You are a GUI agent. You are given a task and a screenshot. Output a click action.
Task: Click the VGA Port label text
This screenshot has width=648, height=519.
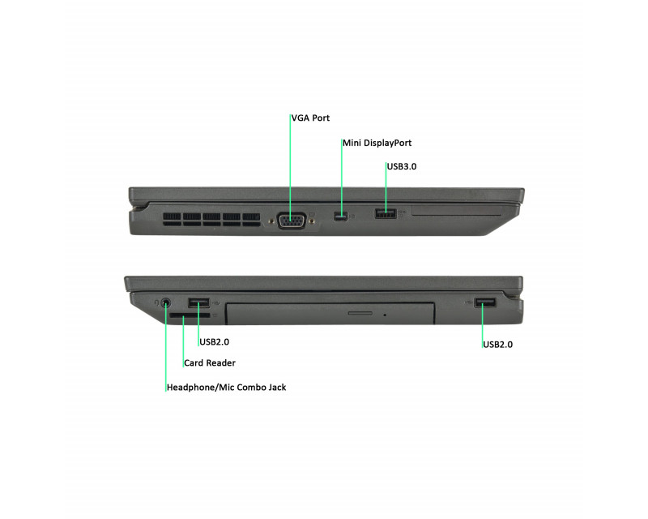pyautogui.click(x=310, y=118)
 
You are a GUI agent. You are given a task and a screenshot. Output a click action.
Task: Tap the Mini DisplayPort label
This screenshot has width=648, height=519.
pyautogui.click(x=377, y=143)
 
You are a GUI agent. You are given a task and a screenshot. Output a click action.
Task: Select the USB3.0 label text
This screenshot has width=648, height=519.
pyautogui.click(x=401, y=166)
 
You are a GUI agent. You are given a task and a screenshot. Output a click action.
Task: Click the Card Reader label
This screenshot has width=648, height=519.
pyautogui.click(x=210, y=363)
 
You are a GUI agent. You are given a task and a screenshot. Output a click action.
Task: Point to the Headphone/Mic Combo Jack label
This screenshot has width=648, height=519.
pyautogui.click(x=226, y=388)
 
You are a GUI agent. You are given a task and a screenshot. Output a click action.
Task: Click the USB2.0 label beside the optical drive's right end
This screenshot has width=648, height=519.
pyautogui.click(x=497, y=345)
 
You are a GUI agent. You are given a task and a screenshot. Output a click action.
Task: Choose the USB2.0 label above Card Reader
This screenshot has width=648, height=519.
pyautogui.click(x=214, y=342)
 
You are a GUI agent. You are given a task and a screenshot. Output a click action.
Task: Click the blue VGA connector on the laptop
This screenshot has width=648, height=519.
pyautogui.click(x=292, y=221)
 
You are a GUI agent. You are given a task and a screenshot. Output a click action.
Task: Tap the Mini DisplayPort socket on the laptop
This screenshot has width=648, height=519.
pyautogui.click(x=340, y=216)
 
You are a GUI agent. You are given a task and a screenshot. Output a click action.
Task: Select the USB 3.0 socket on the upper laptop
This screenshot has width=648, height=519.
pyautogui.click(x=386, y=213)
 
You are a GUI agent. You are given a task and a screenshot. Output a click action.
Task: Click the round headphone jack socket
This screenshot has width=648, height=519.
pyautogui.click(x=165, y=302)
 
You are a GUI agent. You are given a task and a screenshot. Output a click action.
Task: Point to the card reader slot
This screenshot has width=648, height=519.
pyautogui.click(x=190, y=315)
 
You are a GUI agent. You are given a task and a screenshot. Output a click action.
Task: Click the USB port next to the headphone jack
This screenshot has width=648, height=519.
pyautogui.click(x=198, y=303)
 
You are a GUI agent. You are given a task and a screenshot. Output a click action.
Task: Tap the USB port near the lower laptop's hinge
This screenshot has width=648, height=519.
pyautogui.click(x=485, y=303)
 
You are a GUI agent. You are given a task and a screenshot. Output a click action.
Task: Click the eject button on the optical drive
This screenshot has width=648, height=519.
pyautogui.click(x=360, y=313)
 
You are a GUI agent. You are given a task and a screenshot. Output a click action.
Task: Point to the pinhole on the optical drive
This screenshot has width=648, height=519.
pyautogui.click(x=385, y=315)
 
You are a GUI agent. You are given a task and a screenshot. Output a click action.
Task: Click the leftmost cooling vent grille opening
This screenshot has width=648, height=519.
pyautogui.click(x=172, y=217)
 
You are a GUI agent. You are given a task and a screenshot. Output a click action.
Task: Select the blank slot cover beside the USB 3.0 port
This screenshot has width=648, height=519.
pyautogui.click(x=456, y=210)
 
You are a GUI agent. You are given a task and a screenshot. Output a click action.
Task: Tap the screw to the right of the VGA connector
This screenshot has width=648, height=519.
pyautogui.click(x=312, y=221)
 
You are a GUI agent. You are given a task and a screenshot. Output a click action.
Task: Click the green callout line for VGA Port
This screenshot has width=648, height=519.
pyautogui.click(x=290, y=165)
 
